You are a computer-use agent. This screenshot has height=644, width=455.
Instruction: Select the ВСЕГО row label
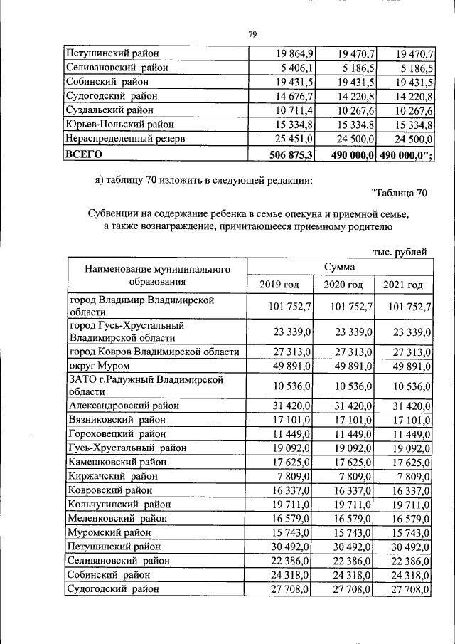[85, 154]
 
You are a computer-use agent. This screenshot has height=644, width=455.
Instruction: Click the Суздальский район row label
[110, 110]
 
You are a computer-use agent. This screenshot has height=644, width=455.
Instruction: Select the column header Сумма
[339, 267]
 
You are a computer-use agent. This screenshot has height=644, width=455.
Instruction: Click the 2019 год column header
[279, 285]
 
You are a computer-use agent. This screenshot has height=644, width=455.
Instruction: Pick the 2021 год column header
[403, 285]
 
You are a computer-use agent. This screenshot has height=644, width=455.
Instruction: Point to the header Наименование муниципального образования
[158, 276]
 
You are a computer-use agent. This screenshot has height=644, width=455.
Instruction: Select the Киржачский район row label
[112, 476]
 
